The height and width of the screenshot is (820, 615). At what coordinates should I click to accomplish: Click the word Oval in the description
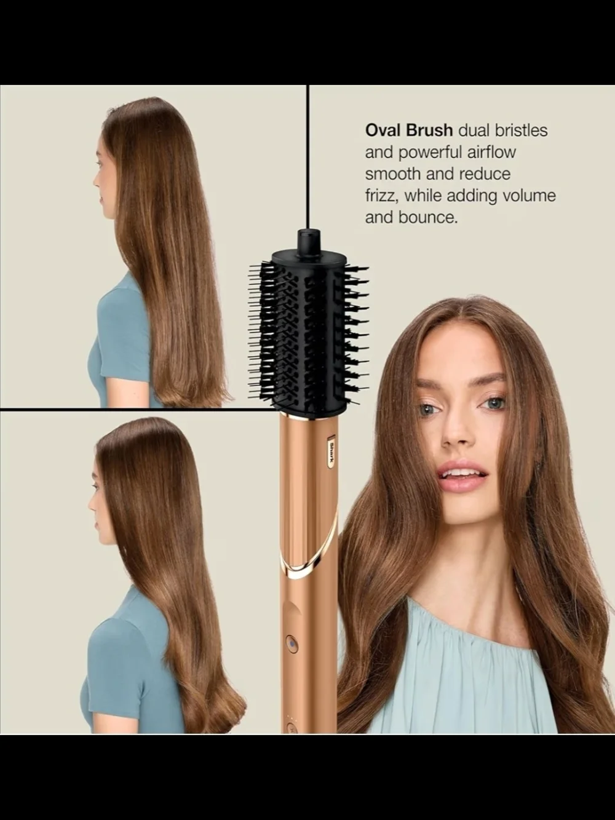coord(383,130)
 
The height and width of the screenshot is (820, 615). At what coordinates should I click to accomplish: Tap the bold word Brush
coord(429,130)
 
